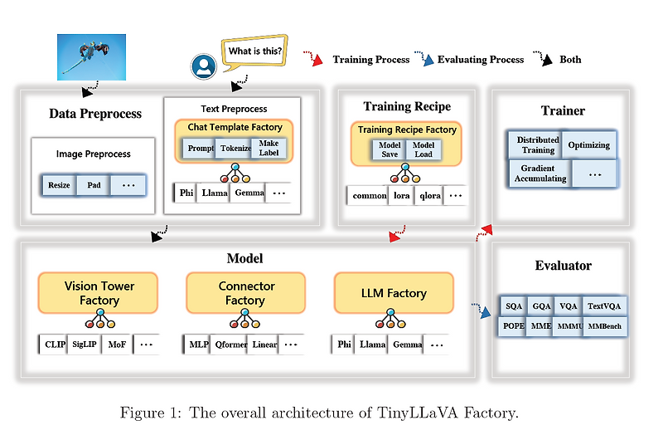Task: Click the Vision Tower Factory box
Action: [99, 293]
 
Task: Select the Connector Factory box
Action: [245, 293]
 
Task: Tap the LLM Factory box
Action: [394, 293]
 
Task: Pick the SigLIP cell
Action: [85, 344]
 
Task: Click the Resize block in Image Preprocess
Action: [59, 184]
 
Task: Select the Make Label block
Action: [269, 149]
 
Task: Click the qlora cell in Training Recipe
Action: [428, 196]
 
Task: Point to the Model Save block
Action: [390, 149]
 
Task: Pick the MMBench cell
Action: [605, 326]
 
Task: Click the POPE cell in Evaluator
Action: [514, 326]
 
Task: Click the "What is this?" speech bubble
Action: [254, 51]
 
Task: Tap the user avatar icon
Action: [202, 67]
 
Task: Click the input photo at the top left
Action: [92, 56]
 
